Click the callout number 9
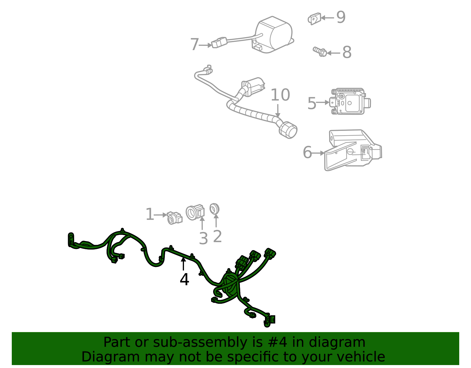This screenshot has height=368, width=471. click(x=341, y=17)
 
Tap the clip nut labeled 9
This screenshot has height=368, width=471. click(x=314, y=19)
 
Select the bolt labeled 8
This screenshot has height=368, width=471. click(x=320, y=52)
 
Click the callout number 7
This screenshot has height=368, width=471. click(x=194, y=45)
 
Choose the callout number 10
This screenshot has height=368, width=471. click(x=280, y=95)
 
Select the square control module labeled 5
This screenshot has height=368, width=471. click(x=349, y=102)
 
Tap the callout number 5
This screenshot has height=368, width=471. click(x=311, y=103)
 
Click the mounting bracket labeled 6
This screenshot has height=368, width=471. click(x=352, y=150)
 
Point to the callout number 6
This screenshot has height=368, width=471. click(x=307, y=153)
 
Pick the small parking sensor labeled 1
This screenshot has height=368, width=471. click(x=174, y=218)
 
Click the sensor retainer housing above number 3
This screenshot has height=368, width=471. click(x=195, y=212)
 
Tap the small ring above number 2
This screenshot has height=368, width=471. click(x=214, y=209)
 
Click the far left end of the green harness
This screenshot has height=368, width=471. click(x=71, y=239)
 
